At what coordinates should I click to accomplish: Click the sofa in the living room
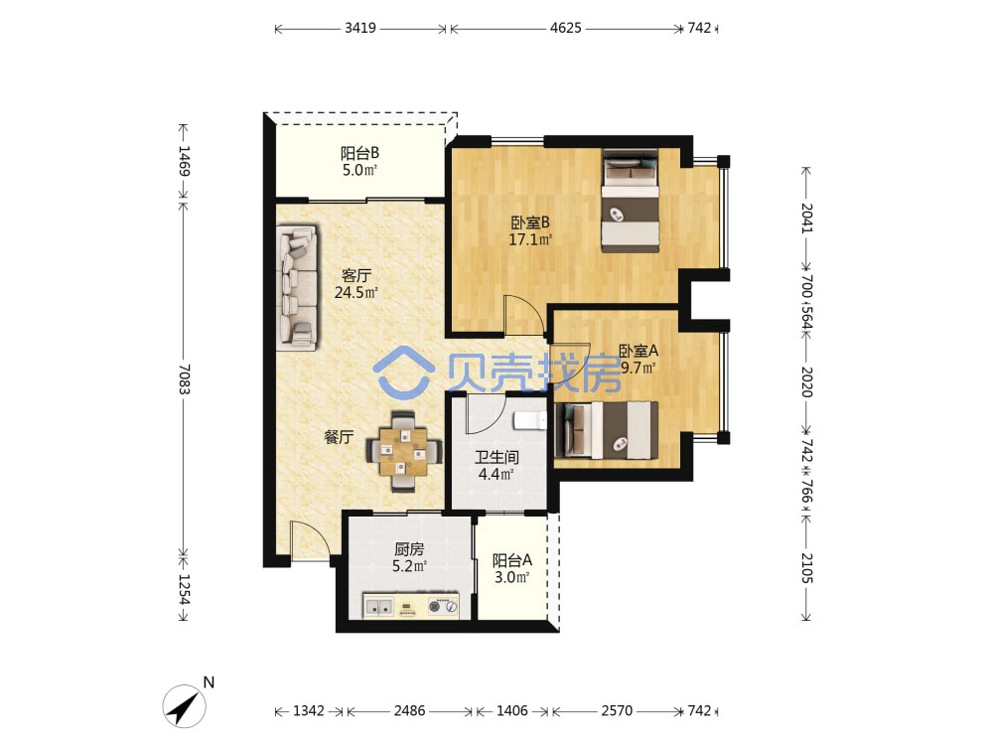tap(297, 288)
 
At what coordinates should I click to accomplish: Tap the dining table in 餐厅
tap(403, 452)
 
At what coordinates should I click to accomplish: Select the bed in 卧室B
tap(631, 201)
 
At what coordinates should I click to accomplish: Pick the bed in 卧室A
tap(606, 430)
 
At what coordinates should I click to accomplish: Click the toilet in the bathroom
tap(529, 420)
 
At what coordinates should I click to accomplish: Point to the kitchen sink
tap(378, 607)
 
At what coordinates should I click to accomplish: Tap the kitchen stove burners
tap(443, 606)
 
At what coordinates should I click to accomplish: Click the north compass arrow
tap(185, 706)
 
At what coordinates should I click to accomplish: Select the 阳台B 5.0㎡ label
tap(359, 161)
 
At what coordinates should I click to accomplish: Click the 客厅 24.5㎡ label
tap(355, 284)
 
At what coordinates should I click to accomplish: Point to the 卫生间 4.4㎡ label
tap(496, 465)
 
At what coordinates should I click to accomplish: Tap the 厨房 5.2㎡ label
tap(409, 557)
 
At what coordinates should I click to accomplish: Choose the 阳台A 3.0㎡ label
tap(511, 568)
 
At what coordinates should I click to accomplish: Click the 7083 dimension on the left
tap(184, 378)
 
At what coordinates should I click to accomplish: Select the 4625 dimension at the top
tap(566, 28)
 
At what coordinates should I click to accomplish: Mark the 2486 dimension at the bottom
tap(410, 711)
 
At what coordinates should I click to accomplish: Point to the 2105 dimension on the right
tap(806, 567)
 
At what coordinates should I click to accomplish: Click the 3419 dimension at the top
tap(360, 28)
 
